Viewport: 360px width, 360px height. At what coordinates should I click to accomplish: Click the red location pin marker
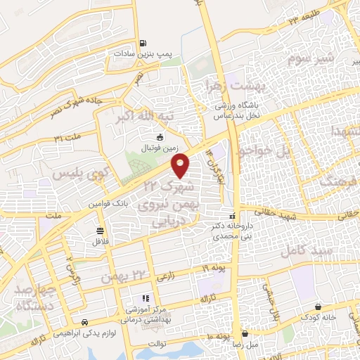[x=181, y=166]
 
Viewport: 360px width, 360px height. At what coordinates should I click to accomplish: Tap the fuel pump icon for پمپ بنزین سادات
[x=143, y=43]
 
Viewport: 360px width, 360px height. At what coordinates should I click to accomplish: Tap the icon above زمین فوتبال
[x=160, y=137]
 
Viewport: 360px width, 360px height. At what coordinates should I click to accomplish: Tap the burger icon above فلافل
[x=101, y=231]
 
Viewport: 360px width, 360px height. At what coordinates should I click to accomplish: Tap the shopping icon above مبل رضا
[x=245, y=334]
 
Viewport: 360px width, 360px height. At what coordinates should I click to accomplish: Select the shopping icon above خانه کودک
[x=320, y=307]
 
